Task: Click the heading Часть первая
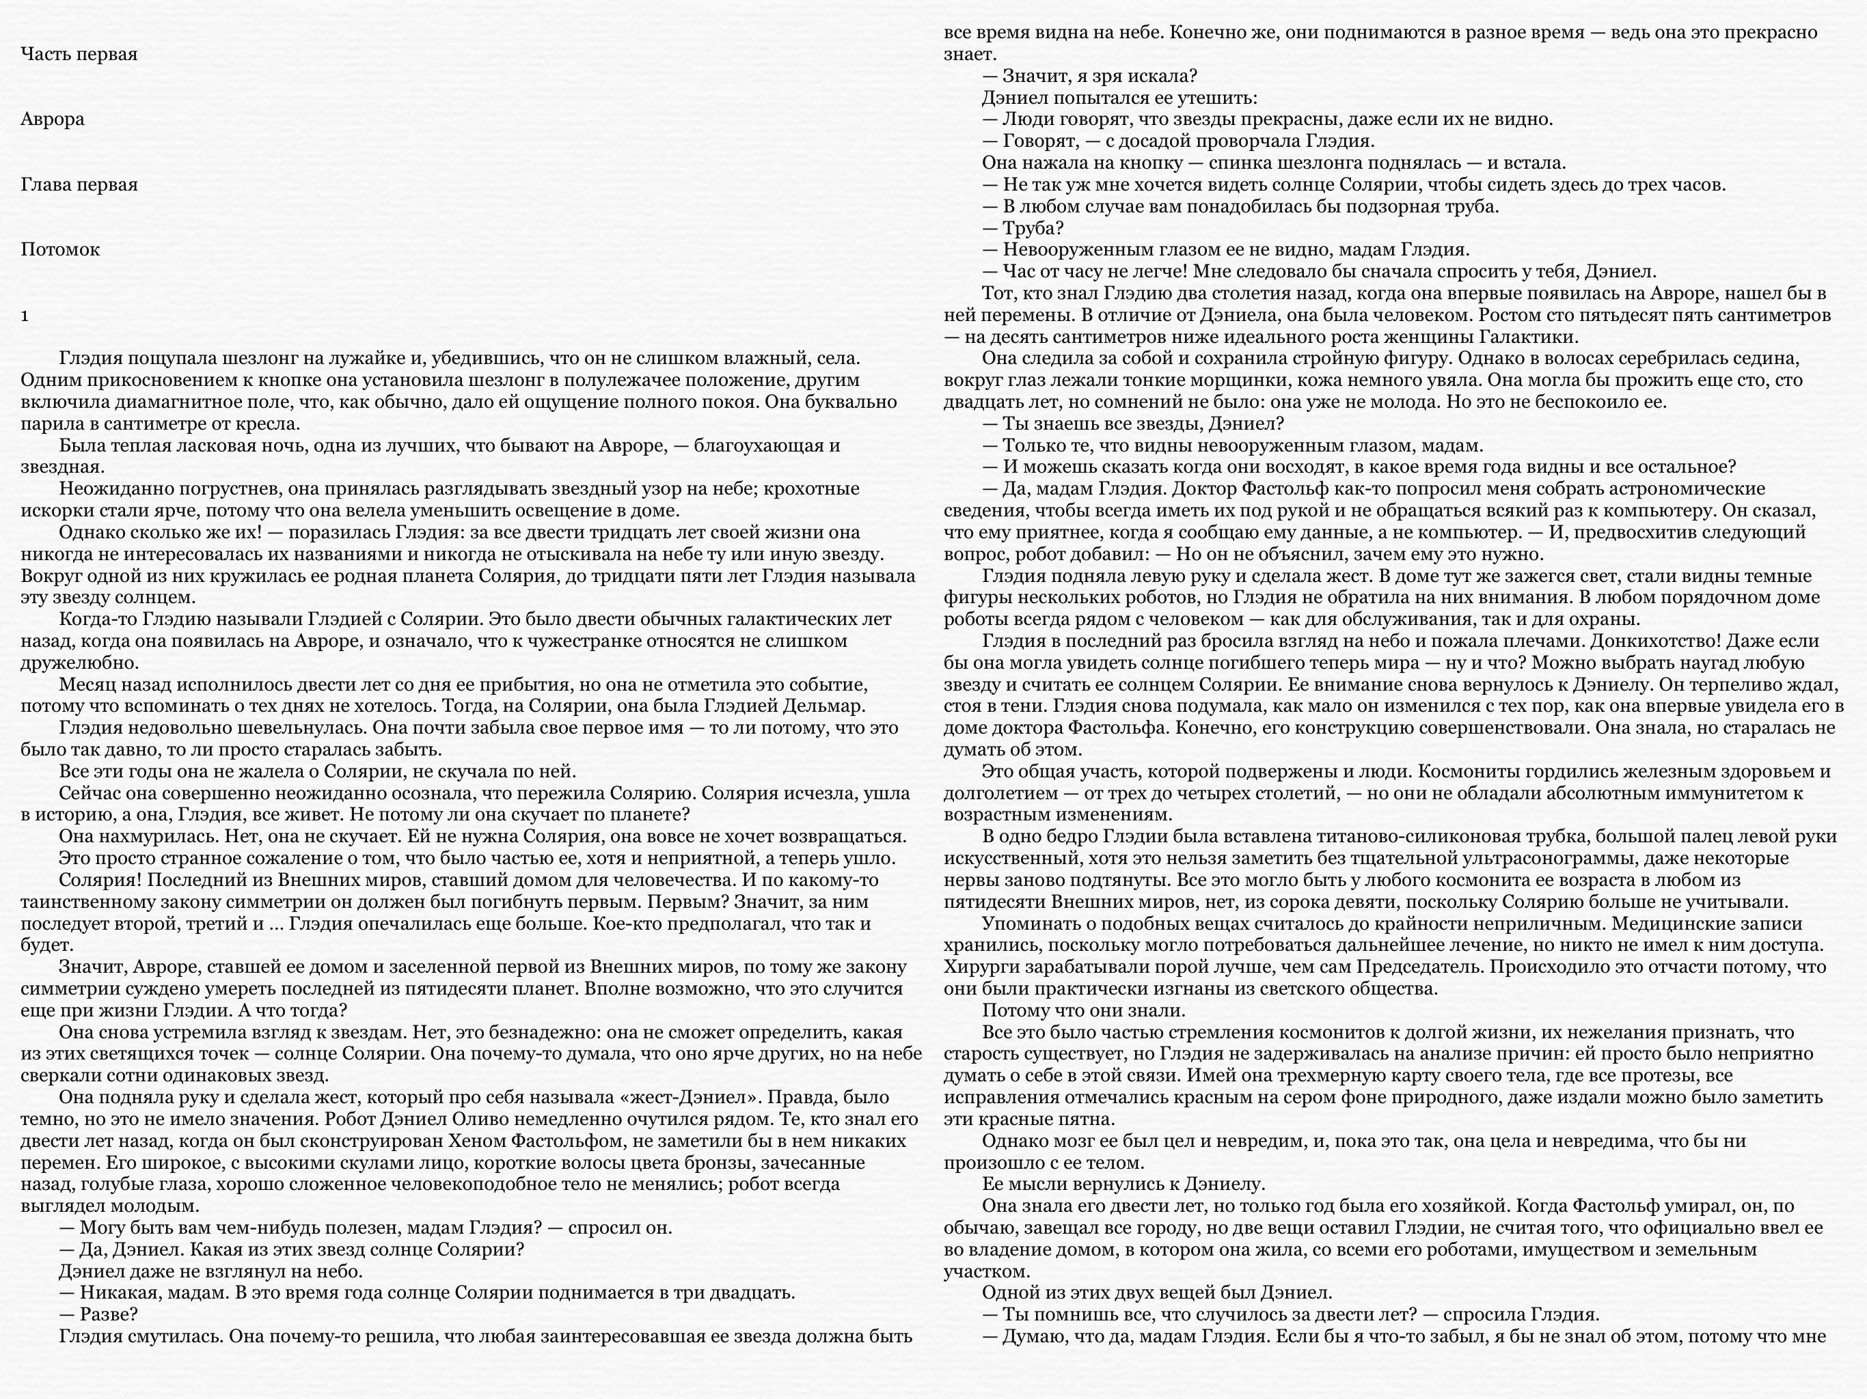coord(79,54)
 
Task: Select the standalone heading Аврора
coord(53,119)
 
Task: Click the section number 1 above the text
coord(25,316)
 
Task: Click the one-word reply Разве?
coord(109,1314)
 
